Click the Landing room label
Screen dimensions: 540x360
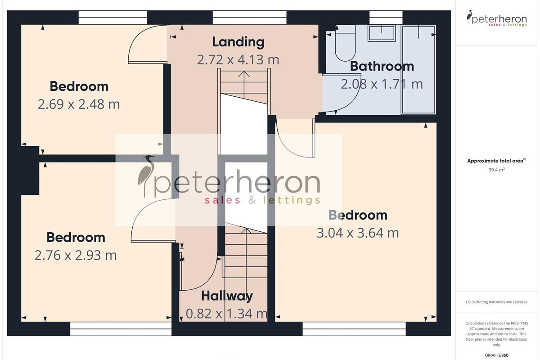(238, 42)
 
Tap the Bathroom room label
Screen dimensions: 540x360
(382, 66)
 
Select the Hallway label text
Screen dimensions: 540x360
(227, 296)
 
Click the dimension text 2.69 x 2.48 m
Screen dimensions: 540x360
(79, 104)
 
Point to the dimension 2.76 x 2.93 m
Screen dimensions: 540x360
(76, 255)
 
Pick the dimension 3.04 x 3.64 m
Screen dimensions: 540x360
(358, 233)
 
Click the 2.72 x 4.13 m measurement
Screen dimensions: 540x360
(238, 60)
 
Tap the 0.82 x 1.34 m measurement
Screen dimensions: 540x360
(227, 314)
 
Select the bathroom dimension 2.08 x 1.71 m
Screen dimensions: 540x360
(382, 84)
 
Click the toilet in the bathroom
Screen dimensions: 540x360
(346, 43)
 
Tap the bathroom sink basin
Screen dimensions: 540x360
(382, 33)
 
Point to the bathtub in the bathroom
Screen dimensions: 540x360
(419, 69)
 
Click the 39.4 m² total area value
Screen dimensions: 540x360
(497, 170)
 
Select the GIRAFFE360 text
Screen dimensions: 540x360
(497, 355)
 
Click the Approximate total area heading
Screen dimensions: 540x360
(497, 161)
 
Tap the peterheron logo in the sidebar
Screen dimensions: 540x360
(497, 18)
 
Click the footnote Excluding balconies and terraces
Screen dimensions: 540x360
(497, 302)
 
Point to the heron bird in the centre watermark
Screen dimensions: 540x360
(147, 176)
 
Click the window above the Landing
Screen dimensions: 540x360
(249, 18)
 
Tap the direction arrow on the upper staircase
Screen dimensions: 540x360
(244, 85)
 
